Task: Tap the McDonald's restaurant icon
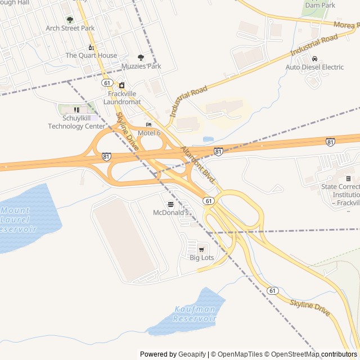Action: click(x=170, y=204)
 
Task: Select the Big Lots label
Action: click(x=201, y=258)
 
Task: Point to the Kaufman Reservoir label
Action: click(x=195, y=314)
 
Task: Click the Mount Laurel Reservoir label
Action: click(x=19, y=219)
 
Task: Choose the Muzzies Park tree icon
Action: click(x=141, y=57)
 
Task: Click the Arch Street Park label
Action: click(x=70, y=28)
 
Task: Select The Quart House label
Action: click(x=91, y=55)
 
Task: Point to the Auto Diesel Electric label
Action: click(x=314, y=67)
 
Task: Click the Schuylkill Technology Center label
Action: click(x=76, y=122)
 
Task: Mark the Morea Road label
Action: click(x=346, y=25)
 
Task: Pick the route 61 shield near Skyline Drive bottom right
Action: click(x=273, y=291)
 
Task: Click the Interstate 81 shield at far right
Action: click(x=330, y=142)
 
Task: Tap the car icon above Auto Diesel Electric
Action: click(x=314, y=58)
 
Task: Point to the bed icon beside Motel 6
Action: click(x=148, y=125)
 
